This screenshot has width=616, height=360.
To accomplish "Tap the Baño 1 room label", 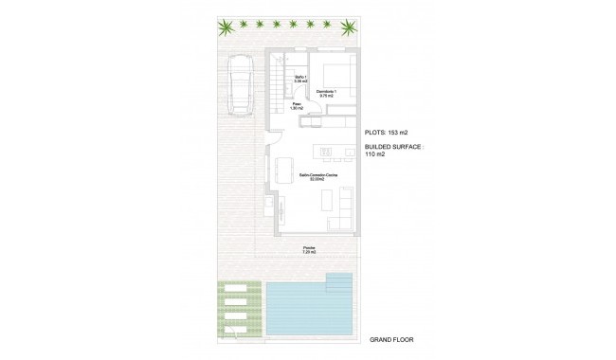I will click(x=300, y=79).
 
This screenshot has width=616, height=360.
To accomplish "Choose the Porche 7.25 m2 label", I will click(x=309, y=250).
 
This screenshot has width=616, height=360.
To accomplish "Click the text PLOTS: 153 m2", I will click(x=387, y=133).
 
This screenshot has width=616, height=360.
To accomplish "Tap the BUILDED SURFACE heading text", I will click(x=394, y=148).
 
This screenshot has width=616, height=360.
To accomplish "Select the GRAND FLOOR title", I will click(x=391, y=339).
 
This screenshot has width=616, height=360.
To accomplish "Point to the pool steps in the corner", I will click(x=339, y=280).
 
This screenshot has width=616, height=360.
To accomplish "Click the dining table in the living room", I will click(x=285, y=173).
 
